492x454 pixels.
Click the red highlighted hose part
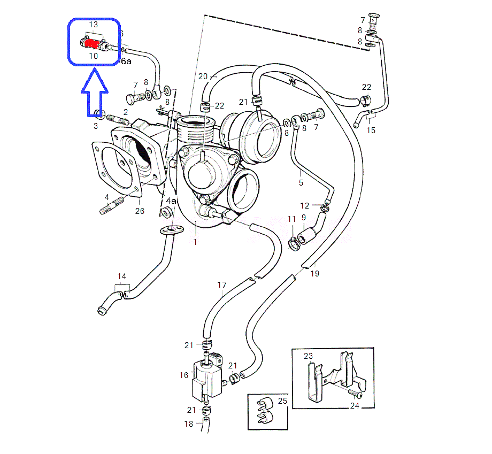click(95, 42)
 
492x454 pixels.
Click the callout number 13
click(94, 25)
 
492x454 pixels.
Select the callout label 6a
click(126, 61)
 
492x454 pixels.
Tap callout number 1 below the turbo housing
click(195, 242)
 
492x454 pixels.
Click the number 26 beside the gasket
click(140, 211)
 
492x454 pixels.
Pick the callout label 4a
click(171, 201)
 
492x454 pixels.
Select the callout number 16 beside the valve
click(184, 375)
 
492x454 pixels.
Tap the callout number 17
click(222, 285)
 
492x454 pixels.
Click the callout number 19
click(315, 274)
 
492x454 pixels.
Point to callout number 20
click(203, 76)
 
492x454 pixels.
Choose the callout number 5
click(301, 183)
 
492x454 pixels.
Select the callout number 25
click(283, 401)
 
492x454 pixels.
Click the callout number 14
click(122, 276)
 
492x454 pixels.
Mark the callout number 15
click(371, 130)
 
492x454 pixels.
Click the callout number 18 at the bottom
click(189, 424)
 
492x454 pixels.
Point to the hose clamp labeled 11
click(293, 244)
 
